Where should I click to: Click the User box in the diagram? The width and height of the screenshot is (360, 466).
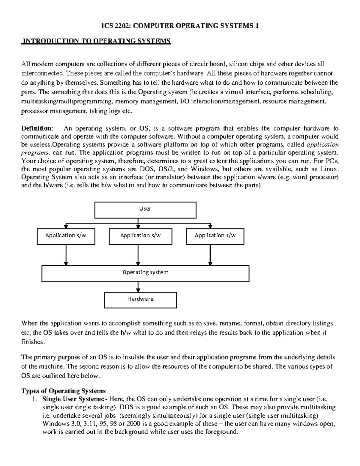pyautogui.click(x=145, y=210)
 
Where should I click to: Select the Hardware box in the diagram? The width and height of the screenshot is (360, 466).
pyautogui.click(x=140, y=300)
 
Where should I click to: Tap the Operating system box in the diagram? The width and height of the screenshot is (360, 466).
pyautogui.click(x=145, y=273)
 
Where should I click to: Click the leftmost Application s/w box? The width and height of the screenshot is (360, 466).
pyautogui.click(x=66, y=236)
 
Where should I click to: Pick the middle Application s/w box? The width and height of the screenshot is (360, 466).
pyautogui.click(x=140, y=236)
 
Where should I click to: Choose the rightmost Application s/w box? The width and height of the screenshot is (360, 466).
pyautogui.click(x=215, y=236)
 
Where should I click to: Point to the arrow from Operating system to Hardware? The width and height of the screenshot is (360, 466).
pyautogui.click(x=138, y=287)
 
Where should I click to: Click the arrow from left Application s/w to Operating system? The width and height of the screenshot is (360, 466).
pyautogui.click(x=66, y=255)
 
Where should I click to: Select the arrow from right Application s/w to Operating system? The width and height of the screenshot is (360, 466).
pyautogui.click(x=210, y=255)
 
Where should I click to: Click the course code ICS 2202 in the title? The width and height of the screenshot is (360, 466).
pyautogui.click(x=115, y=26)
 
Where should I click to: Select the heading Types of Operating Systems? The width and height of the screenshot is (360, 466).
pyautogui.click(x=63, y=391)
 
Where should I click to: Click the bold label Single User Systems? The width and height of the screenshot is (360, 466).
pyautogui.click(x=74, y=399)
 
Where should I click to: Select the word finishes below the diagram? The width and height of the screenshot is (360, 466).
pyautogui.click(x=34, y=342)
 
